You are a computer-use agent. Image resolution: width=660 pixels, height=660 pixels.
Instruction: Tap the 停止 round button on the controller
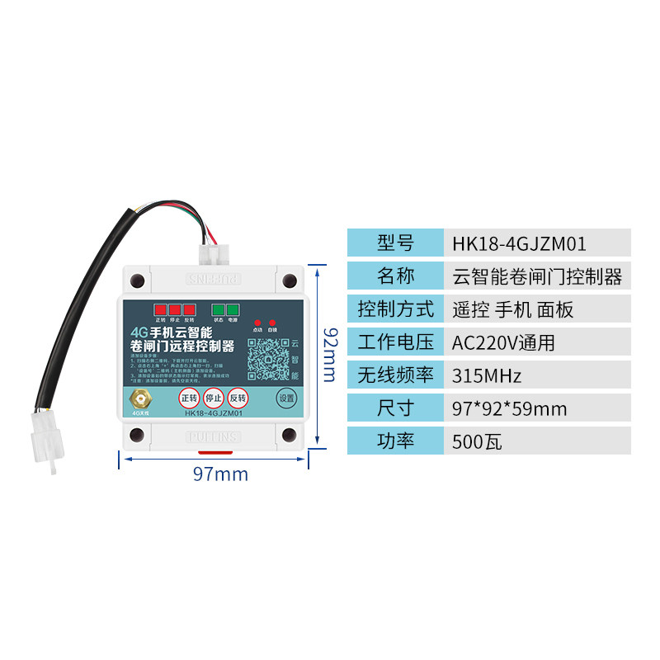pos(214,398)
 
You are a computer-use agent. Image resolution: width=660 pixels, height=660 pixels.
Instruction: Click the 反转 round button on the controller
pos(238,398)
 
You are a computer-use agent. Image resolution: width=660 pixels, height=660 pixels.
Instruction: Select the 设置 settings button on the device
pos(285,398)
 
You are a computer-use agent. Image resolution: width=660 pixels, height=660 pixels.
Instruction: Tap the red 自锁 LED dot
pos(271,323)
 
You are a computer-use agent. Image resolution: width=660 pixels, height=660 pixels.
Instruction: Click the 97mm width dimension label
pos(220,474)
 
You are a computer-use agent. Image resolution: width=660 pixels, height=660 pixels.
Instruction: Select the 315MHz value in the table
pos(487,375)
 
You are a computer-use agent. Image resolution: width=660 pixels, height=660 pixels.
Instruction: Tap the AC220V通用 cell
pos(503,342)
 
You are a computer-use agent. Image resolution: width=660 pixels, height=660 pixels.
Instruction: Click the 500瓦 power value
pos(477,441)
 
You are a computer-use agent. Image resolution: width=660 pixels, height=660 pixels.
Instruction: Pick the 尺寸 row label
pos(395,408)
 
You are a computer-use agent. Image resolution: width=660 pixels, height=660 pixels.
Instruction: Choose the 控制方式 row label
pos(395,309)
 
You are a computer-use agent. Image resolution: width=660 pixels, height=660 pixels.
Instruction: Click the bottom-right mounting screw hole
pos(289,435)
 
